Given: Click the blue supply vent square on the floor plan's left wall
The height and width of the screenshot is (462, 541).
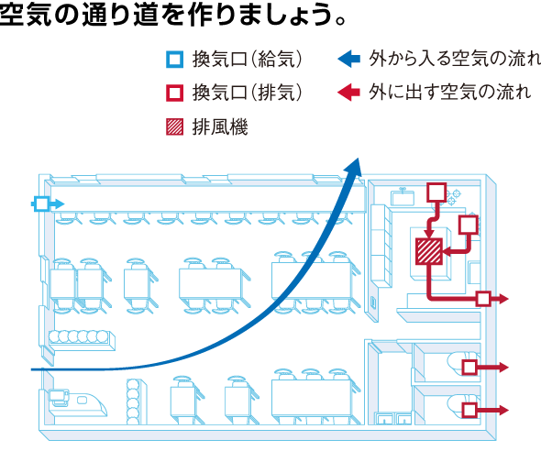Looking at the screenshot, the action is coord(42,203).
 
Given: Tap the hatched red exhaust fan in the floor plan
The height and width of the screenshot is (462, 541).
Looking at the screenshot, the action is coord(429,251).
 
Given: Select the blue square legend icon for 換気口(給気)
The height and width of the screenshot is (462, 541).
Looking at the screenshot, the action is coord(174,60).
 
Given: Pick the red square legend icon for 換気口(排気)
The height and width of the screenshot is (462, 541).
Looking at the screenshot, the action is coord(174,93).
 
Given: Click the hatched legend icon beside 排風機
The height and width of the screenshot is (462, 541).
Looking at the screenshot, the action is coord(174,126).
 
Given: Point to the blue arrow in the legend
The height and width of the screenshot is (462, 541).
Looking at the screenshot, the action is coord(348,59).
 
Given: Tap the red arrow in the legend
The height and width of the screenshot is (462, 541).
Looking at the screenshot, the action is coord(348,92).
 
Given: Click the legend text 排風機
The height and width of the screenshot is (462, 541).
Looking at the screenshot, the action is coord(220,127).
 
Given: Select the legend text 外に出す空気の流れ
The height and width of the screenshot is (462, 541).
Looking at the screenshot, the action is coord(450,92).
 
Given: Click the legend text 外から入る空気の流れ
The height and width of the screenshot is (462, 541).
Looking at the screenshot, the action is coord(455,59).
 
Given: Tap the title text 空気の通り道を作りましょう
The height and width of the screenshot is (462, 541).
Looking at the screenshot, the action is coord(172,15).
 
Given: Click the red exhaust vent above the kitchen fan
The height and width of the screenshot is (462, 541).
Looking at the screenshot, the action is coord(436,192).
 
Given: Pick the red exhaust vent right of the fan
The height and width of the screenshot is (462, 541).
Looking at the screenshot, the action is coord(469,225).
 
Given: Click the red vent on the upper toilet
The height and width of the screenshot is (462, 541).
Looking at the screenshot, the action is coord(469,368).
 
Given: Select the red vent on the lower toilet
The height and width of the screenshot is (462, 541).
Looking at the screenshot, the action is coord(469,411).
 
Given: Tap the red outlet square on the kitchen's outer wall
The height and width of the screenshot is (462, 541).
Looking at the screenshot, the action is coord(483,299).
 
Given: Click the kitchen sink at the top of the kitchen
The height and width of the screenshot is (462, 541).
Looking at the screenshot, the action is coord(403,197).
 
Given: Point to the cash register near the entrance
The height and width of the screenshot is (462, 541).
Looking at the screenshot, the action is coord(59,398).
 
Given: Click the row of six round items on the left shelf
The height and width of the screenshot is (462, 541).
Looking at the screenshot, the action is coord(78,336).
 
